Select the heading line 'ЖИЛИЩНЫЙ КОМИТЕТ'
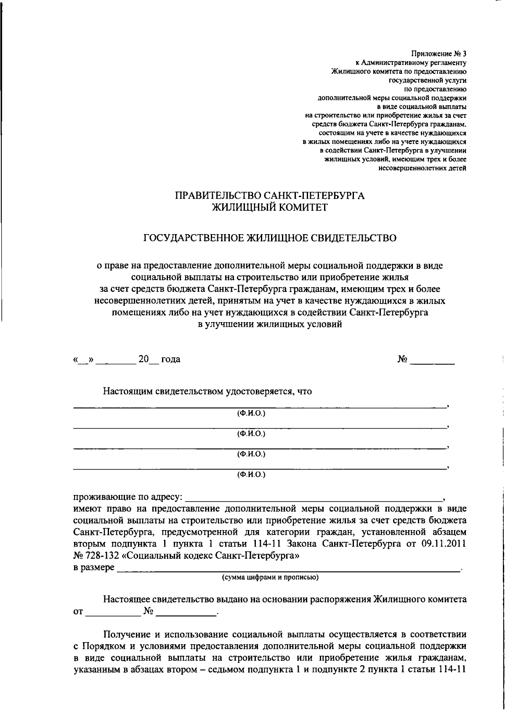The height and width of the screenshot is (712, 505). point(269,207)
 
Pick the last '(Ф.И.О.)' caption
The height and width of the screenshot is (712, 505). point(251,475)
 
